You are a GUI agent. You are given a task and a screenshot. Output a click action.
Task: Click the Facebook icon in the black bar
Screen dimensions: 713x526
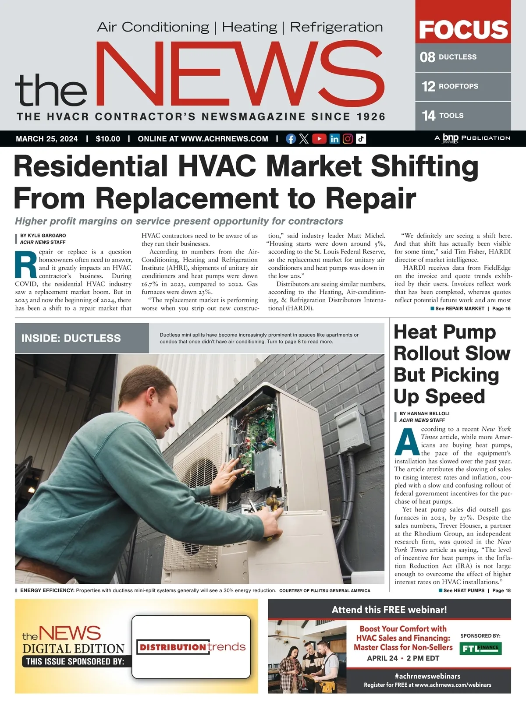(291, 139)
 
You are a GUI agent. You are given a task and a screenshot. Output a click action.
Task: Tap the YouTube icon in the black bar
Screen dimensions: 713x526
(319, 139)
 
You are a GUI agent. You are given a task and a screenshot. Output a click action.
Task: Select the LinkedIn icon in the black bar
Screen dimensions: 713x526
(334, 139)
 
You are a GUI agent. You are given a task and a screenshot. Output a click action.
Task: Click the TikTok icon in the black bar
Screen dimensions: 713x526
(361, 139)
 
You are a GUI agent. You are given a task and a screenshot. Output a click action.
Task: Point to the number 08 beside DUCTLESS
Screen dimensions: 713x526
(427, 57)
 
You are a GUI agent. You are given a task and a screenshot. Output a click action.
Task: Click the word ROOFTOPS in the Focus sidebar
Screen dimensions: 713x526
(458, 86)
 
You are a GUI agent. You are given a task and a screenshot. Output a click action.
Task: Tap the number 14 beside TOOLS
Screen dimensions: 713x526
(428, 116)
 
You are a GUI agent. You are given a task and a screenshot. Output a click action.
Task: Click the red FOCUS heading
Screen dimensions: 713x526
(463, 30)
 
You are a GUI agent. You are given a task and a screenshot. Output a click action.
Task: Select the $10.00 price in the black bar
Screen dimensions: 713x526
(108, 139)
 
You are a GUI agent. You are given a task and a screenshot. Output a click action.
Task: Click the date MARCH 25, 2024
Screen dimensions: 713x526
(47, 139)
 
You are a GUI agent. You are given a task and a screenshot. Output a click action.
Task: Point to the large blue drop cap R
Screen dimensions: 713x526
(26, 264)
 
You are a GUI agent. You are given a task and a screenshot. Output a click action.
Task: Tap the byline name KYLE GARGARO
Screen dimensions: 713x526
(47, 236)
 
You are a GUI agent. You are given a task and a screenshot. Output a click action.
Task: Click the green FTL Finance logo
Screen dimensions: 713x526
(480, 648)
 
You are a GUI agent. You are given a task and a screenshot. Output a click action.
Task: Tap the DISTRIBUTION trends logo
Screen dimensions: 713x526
(192, 647)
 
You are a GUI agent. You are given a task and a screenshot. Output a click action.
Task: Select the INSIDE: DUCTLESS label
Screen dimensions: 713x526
(71, 338)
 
